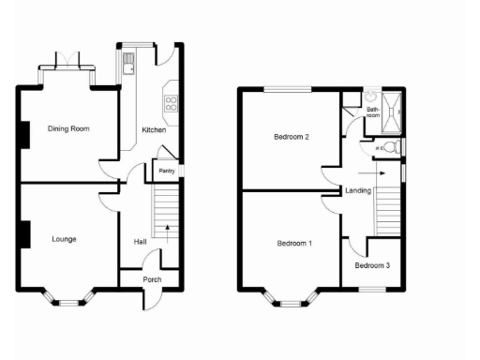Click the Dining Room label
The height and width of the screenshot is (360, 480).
point(68,128)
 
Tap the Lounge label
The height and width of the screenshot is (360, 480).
point(64,239)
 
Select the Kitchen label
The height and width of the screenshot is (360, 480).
point(154,129)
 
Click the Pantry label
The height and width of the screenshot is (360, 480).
point(167,171)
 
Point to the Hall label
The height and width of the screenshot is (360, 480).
point(140,242)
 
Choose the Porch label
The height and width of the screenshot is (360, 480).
point(151,279)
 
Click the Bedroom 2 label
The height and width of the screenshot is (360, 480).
point(292,137)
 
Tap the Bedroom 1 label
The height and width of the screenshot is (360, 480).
point(294,244)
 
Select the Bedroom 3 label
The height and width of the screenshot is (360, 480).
point(373,265)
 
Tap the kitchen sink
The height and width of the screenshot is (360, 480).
point(127,63)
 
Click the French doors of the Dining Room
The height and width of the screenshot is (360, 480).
point(66,64)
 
